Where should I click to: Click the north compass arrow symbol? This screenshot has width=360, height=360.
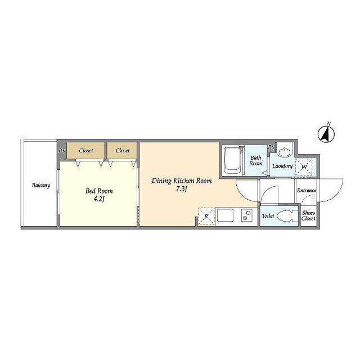(x=326, y=134)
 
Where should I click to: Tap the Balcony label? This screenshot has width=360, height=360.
(x=41, y=185)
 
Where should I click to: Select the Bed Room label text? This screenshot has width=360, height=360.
(x=99, y=191)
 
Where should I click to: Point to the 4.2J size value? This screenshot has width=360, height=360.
(x=99, y=199)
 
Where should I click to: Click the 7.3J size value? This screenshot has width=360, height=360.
(x=182, y=189)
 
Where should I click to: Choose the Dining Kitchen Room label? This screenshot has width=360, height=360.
(x=182, y=181)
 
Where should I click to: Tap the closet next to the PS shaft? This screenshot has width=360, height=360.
(x=85, y=150)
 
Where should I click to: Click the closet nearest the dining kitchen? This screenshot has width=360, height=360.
(x=122, y=150)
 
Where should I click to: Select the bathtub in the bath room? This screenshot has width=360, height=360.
(x=232, y=160)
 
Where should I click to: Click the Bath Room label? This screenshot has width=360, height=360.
(x=256, y=160)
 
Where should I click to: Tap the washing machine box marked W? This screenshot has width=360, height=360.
(x=304, y=167)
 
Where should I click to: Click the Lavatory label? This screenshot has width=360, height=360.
(x=282, y=166)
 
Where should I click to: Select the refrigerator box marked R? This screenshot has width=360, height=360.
(x=206, y=216)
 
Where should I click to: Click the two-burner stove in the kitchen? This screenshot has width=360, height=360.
(x=246, y=215)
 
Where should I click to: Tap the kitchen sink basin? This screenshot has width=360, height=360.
(x=225, y=215)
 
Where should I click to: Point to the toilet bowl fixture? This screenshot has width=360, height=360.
(x=287, y=216)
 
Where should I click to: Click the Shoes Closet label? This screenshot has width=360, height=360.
(x=308, y=215)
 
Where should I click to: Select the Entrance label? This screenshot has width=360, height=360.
(x=306, y=190)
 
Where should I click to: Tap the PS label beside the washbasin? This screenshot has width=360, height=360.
(x=271, y=147)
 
